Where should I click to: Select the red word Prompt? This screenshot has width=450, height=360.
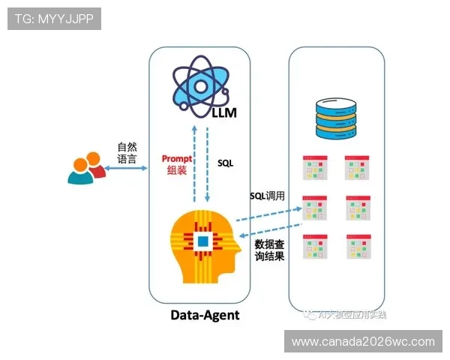177,159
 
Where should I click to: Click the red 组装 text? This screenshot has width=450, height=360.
177,171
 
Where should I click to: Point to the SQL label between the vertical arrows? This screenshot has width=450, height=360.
226,162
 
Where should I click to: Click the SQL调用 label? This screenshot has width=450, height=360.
267,196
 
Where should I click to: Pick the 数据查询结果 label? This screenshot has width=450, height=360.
269,251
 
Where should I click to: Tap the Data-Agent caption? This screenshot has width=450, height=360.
205,314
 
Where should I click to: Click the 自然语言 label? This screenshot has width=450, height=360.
127,153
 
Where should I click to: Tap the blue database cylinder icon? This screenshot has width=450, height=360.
336,119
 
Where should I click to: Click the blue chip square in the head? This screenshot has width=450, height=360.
202,241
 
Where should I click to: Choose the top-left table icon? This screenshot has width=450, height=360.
315,167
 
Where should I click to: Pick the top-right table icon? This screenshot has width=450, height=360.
358,167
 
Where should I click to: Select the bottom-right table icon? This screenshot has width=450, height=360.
358,247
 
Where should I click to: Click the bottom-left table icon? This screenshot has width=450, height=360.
315,247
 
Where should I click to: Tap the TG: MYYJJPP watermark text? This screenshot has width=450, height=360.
53,18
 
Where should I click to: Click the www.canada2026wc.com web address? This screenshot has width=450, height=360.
363,341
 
